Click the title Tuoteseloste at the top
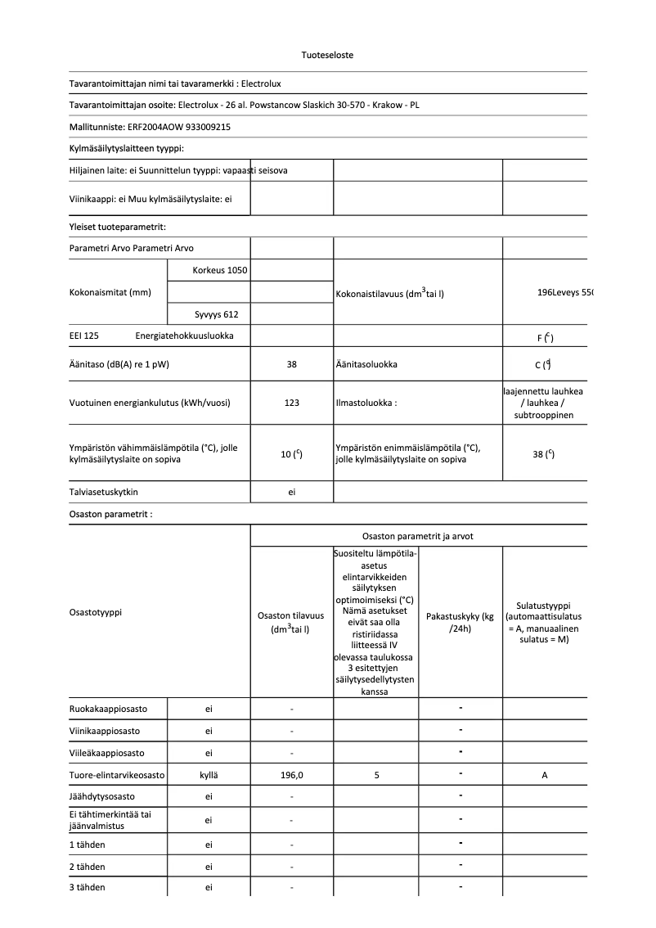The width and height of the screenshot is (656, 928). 327,55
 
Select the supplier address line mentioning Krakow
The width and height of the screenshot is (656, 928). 245,105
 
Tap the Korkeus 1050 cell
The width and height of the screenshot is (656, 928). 219,270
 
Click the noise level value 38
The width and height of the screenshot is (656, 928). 291,364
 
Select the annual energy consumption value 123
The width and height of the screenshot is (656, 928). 291,403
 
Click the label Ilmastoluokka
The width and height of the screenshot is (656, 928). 366,403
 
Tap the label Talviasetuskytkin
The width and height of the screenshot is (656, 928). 109,492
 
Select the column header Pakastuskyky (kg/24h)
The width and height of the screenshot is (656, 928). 460,622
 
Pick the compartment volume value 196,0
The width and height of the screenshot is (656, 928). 291,775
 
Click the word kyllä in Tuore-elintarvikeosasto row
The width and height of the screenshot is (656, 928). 209,775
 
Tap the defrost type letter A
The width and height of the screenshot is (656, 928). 545,775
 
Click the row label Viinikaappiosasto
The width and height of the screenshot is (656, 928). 105,730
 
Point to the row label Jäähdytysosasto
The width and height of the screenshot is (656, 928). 102,796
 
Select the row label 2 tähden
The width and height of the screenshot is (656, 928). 88,866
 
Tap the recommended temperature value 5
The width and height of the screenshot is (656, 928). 376,775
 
